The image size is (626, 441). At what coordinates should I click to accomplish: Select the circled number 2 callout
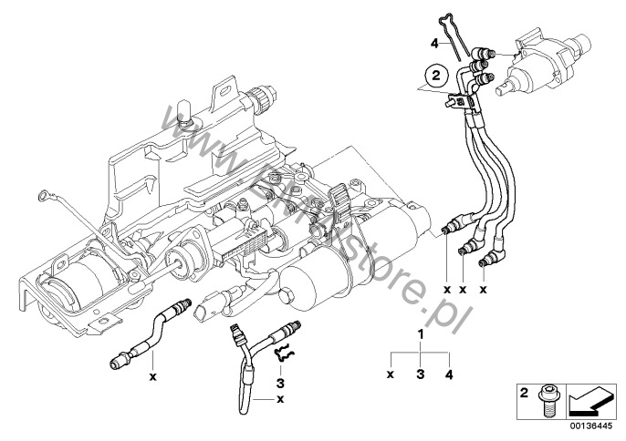pos(437,77)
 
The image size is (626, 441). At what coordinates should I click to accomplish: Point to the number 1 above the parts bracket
pos(421,335)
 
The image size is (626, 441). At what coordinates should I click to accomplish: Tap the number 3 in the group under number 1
pos(421,374)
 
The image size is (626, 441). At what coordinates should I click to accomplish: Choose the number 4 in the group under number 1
pos(449,374)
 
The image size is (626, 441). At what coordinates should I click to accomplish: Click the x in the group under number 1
pos(391,374)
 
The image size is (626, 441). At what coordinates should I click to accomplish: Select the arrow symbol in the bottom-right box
pos(588,401)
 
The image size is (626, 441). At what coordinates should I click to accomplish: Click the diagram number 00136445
pos(589,425)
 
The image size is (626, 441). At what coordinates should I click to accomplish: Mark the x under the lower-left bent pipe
pos(153,375)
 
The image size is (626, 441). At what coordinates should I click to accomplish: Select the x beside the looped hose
pos(280,398)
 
